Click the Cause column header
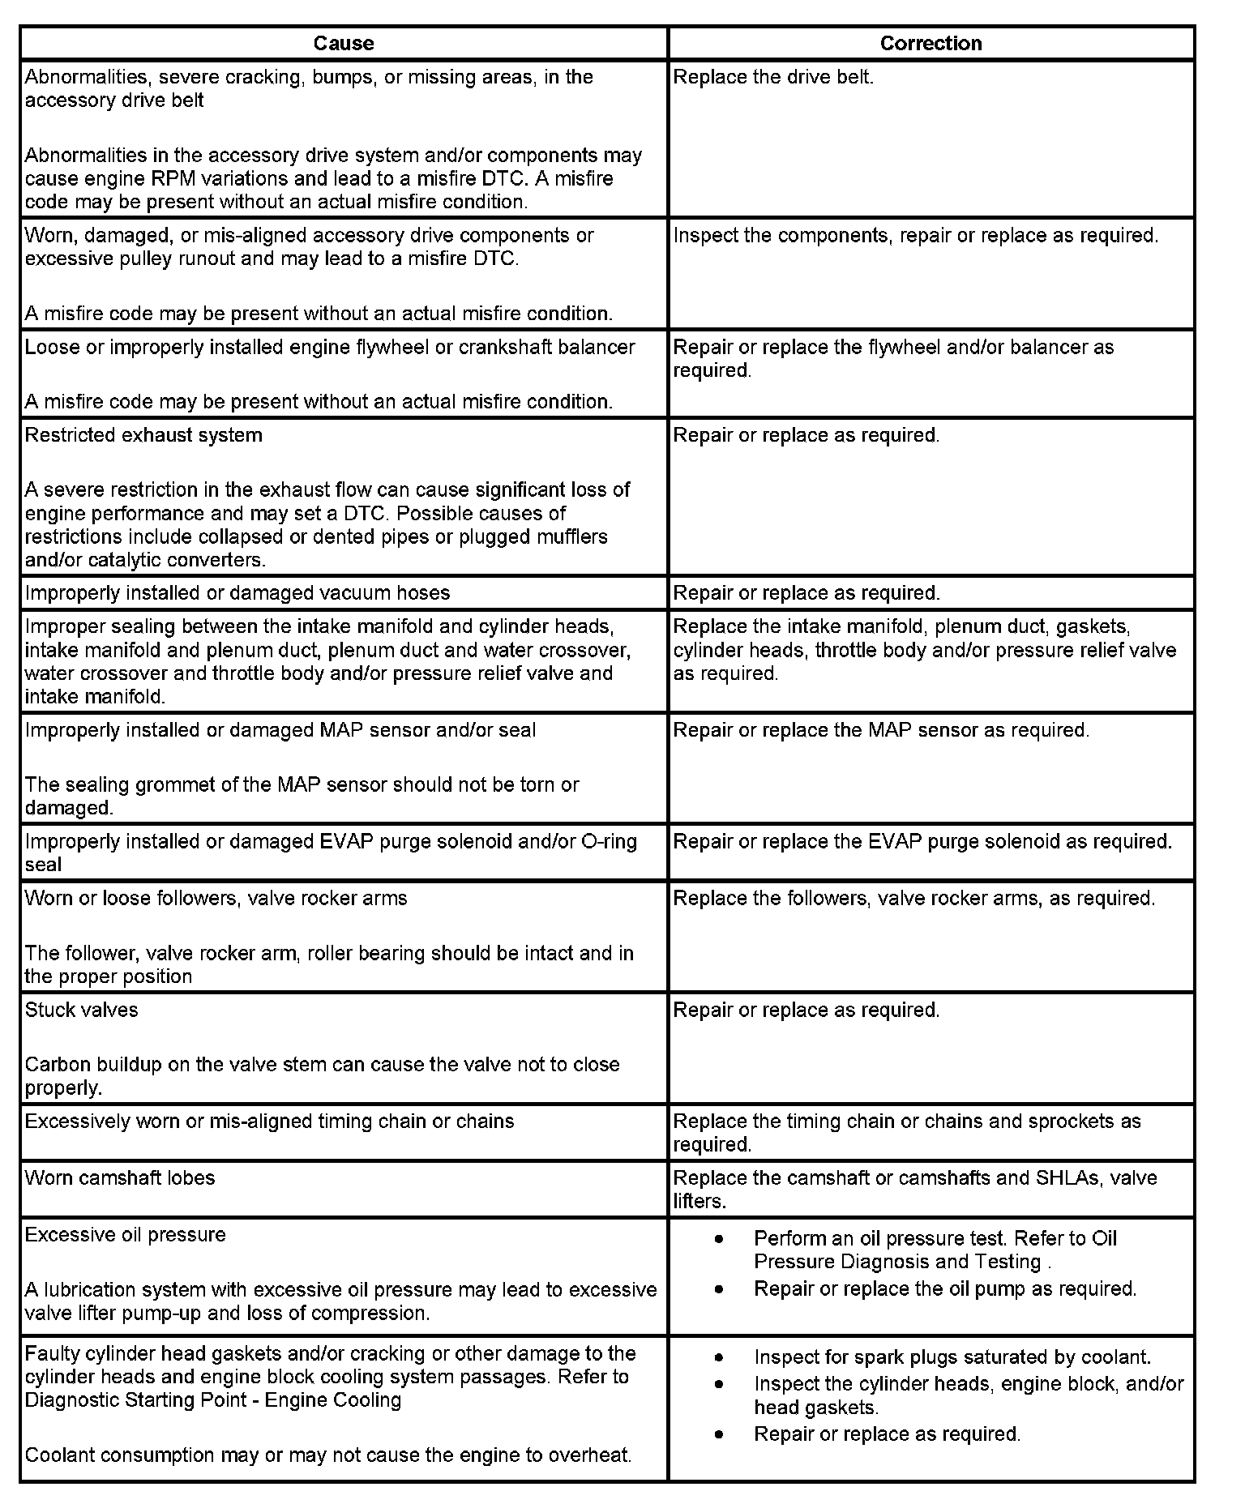(x=344, y=43)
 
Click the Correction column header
(x=931, y=43)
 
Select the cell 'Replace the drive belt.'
(x=773, y=78)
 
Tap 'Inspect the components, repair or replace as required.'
(x=915, y=236)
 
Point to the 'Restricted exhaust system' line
(x=143, y=435)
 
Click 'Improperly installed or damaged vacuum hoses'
(x=237, y=593)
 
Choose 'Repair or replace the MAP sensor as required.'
(x=881, y=730)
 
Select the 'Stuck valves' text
(x=81, y=1010)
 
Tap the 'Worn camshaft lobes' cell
(x=120, y=1178)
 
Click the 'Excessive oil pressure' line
(x=125, y=1235)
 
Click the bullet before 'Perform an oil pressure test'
(x=719, y=1240)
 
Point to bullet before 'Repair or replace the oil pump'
(x=719, y=1289)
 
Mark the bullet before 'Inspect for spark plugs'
(x=719, y=1358)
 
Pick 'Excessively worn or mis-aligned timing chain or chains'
(x=269, y=1122)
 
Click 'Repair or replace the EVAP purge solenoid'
(x=922, y=842)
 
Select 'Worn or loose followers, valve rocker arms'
(x=216, y=899)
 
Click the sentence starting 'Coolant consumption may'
(x=327, y=1455)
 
